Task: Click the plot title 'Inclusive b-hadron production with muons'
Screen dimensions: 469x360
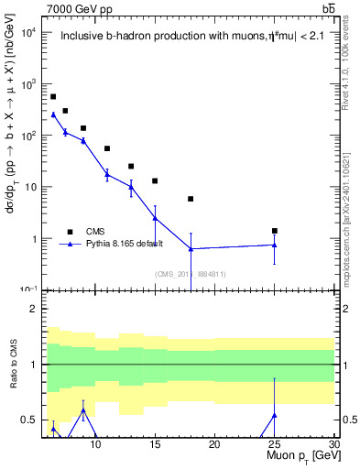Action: coord(174,37)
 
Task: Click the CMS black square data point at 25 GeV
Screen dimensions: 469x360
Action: coord(275,231)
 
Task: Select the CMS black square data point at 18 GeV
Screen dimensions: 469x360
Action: coord(191,199)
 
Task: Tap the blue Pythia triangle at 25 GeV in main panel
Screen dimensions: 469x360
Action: coord(275,245)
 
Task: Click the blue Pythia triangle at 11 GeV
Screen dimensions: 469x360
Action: coord(107,174)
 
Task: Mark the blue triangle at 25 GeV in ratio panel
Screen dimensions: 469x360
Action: coord(275,415)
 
